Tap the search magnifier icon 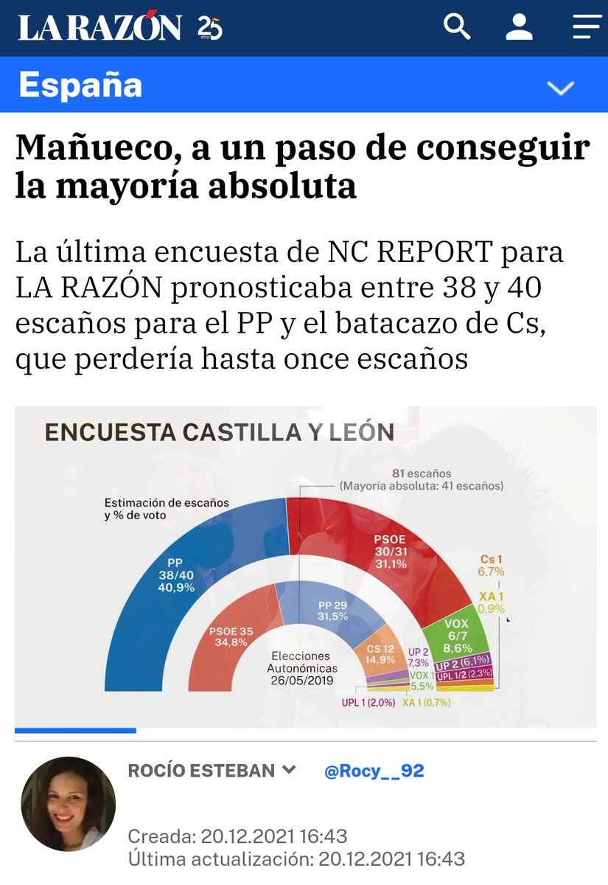(x=457, y=27)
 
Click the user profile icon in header (x=519, y=27)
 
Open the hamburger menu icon (x=587, y=27)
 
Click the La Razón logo (x=100, y=28)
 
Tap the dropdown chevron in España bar (x=561, y=88)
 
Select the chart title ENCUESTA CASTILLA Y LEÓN (x=220, y=432)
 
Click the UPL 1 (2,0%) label (x=369, y=703)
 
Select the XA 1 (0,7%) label (x=426, y=703)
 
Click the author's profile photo (x=68, y=803)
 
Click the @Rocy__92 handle (x=374, y=771)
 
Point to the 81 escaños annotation (x=422, y=473)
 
